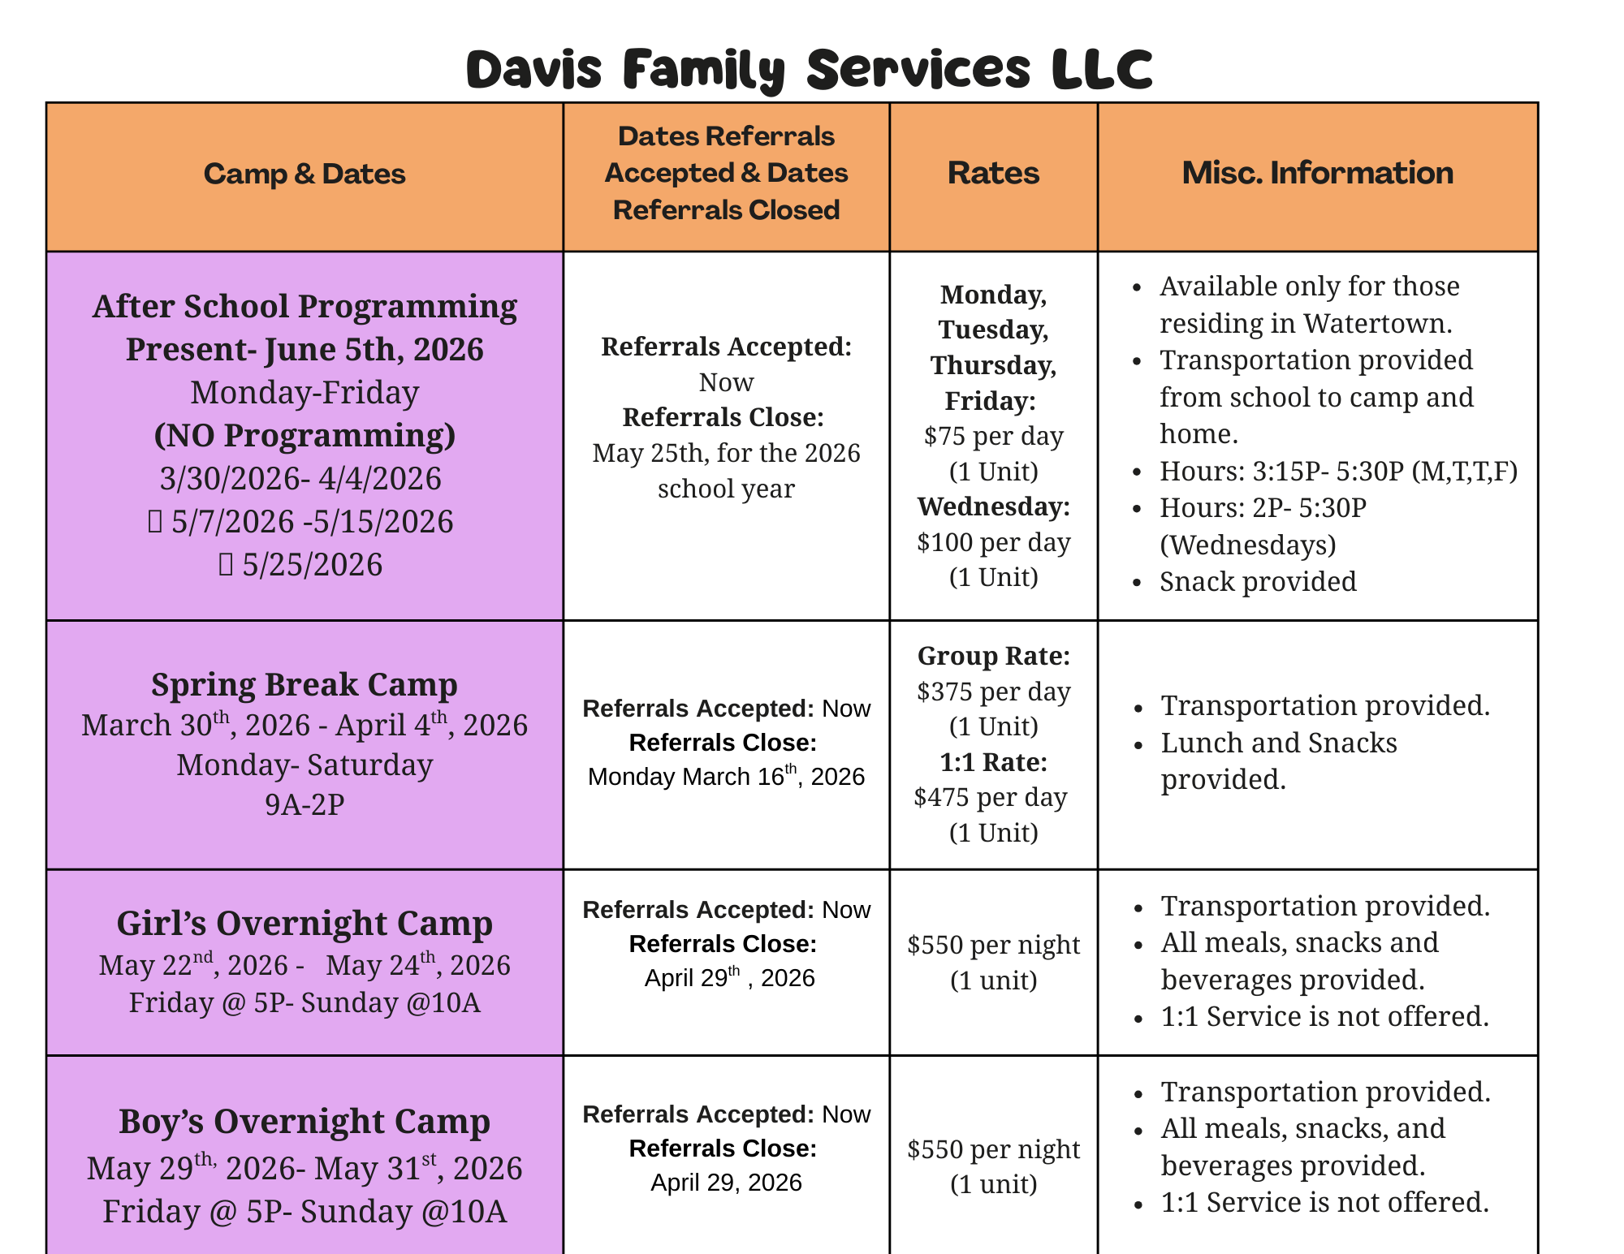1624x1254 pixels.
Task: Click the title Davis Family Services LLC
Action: pos(809,70)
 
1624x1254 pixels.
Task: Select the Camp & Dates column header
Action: pos(304,174)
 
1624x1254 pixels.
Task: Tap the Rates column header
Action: pos(993,173)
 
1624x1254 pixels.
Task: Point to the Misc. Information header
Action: pos(1317,173)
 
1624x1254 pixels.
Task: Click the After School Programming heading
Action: pos(304,307)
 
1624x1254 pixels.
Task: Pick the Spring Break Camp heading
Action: pos(304,684)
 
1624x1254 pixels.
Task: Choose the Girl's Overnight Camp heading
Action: pos(304,923)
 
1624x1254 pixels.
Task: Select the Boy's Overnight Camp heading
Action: pos(304,1121)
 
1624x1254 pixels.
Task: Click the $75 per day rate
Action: pos(993,437)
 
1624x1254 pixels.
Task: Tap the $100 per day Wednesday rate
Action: pos(993,542)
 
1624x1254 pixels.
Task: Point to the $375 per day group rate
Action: pos(993,692)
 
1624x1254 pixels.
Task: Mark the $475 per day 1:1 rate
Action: pos(990,797)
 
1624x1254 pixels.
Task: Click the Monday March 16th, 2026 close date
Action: pos(726,777)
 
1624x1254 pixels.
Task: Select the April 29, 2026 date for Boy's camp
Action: pos(726,1183)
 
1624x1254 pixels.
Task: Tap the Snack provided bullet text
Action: pos(1258,582)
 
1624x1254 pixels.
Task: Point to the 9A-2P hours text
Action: pos(304,804)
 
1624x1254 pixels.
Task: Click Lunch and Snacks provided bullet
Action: pos(1279,761)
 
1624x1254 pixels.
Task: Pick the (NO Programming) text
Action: pos(304,436)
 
